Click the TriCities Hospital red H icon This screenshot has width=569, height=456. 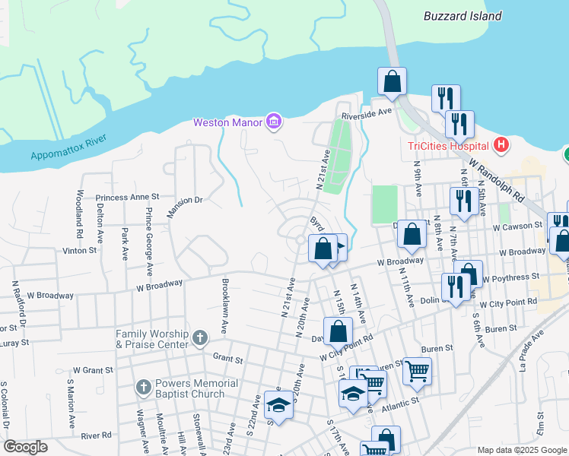click(x=501, y=144)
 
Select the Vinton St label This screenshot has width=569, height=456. click(x=80, y=249)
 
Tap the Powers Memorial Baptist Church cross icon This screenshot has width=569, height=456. click(x=143, y=388)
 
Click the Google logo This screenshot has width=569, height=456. click(x=25, y=447)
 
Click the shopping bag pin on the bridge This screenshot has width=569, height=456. click(x=392, y=82)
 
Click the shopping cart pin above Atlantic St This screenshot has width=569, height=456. click(x=417, y=371)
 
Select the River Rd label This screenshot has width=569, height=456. click(x=96, y=435)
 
